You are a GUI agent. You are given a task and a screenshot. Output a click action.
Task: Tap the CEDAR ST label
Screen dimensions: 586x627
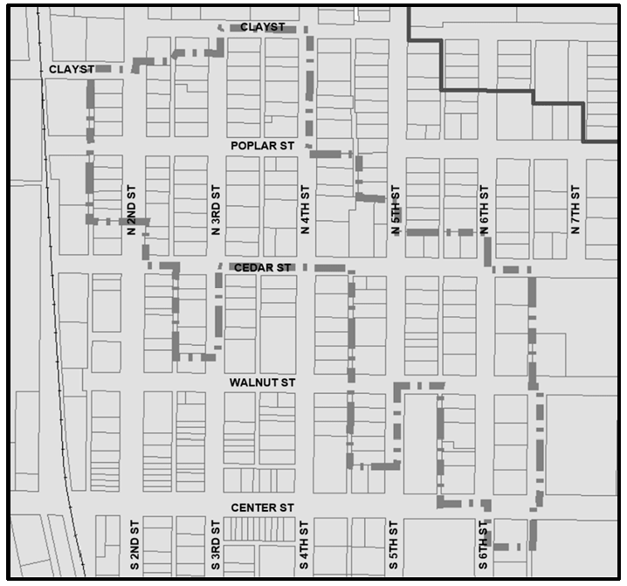coord(262,267)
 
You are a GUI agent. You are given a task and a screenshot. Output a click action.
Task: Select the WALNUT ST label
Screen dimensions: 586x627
coord(263,383)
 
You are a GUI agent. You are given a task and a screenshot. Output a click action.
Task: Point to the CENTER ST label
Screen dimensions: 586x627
coord(263,507)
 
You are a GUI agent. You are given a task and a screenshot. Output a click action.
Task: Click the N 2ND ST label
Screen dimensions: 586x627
coord(132,210)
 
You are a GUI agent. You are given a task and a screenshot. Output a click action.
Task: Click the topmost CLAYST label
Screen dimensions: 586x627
coord(262,27)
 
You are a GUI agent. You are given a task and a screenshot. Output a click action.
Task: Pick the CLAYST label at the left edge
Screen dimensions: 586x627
coord(71,68)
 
